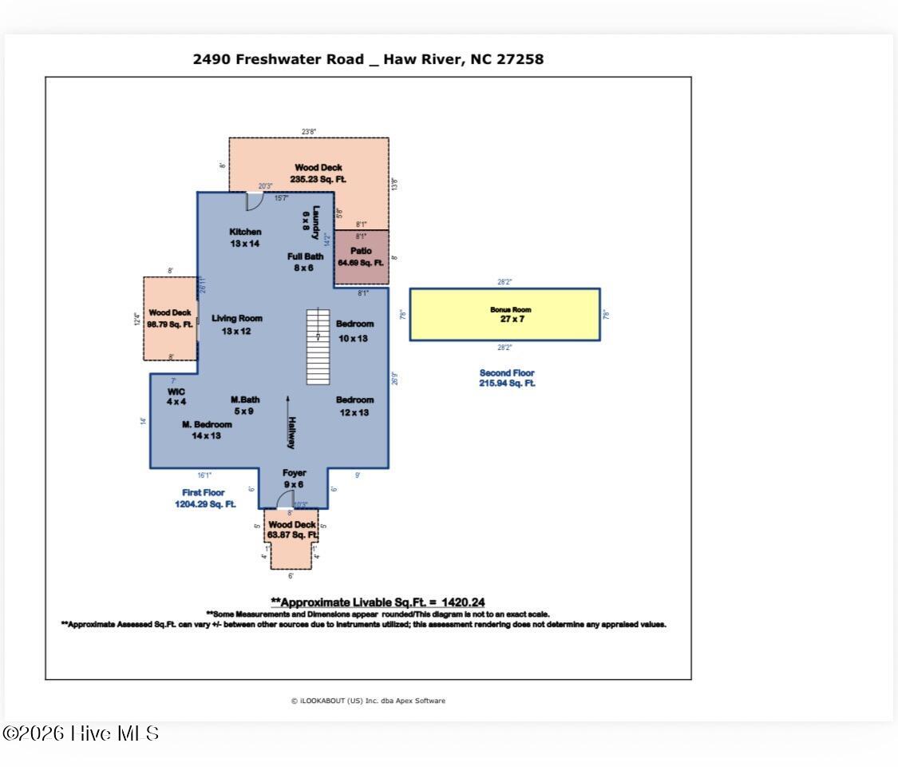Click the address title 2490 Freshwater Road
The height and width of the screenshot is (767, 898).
point(368,59)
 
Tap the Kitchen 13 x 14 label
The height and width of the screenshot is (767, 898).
point(245,237)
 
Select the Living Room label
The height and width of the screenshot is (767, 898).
point(236,324)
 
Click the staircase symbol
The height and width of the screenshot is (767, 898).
point(318,347)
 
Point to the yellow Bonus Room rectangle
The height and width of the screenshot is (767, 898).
point(504,314)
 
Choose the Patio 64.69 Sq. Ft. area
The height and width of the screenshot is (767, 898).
point(361,256)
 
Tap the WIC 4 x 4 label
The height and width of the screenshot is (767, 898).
point(176,396)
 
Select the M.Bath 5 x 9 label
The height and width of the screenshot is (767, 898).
point(244,405)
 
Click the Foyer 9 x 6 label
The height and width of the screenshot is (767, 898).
point(294,479)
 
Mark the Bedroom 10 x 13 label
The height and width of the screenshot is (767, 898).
point(354,329)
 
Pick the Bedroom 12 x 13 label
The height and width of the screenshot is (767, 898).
point(354,406)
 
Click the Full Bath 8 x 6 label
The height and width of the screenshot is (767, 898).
point(305,262)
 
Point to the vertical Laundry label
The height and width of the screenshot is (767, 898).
point(316,223)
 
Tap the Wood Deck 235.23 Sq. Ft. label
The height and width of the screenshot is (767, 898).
point(318,173)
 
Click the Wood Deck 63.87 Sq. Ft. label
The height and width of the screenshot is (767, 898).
point(291,530)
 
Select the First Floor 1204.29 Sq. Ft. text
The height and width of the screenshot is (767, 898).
point(204,499)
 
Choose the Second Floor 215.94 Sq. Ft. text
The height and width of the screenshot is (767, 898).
point(506,378)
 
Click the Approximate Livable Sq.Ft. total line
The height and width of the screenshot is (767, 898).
point(378,602)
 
